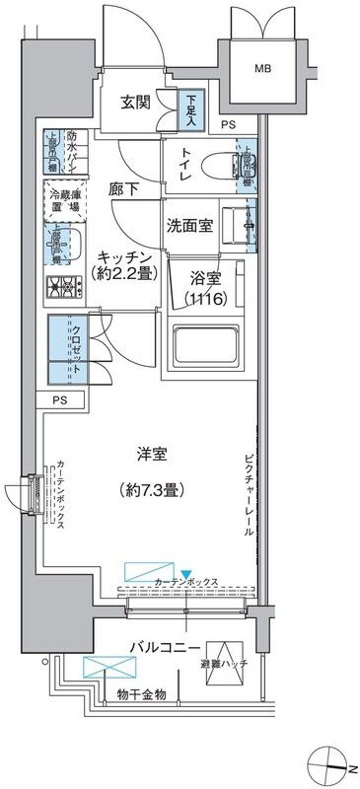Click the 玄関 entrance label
(135, 103)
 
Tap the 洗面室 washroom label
(189, 225)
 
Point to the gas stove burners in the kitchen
(62, 288)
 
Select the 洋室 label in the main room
(151, 456)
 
